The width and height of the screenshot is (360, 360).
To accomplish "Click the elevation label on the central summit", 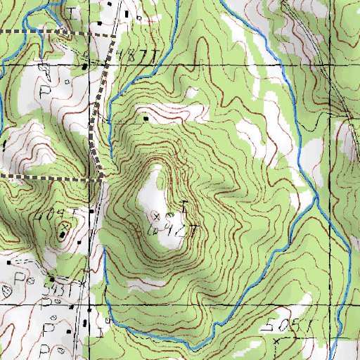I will point(171,229).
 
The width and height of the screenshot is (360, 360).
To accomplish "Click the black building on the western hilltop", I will point(63,233).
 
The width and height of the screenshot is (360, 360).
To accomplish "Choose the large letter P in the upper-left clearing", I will point(48,92).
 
